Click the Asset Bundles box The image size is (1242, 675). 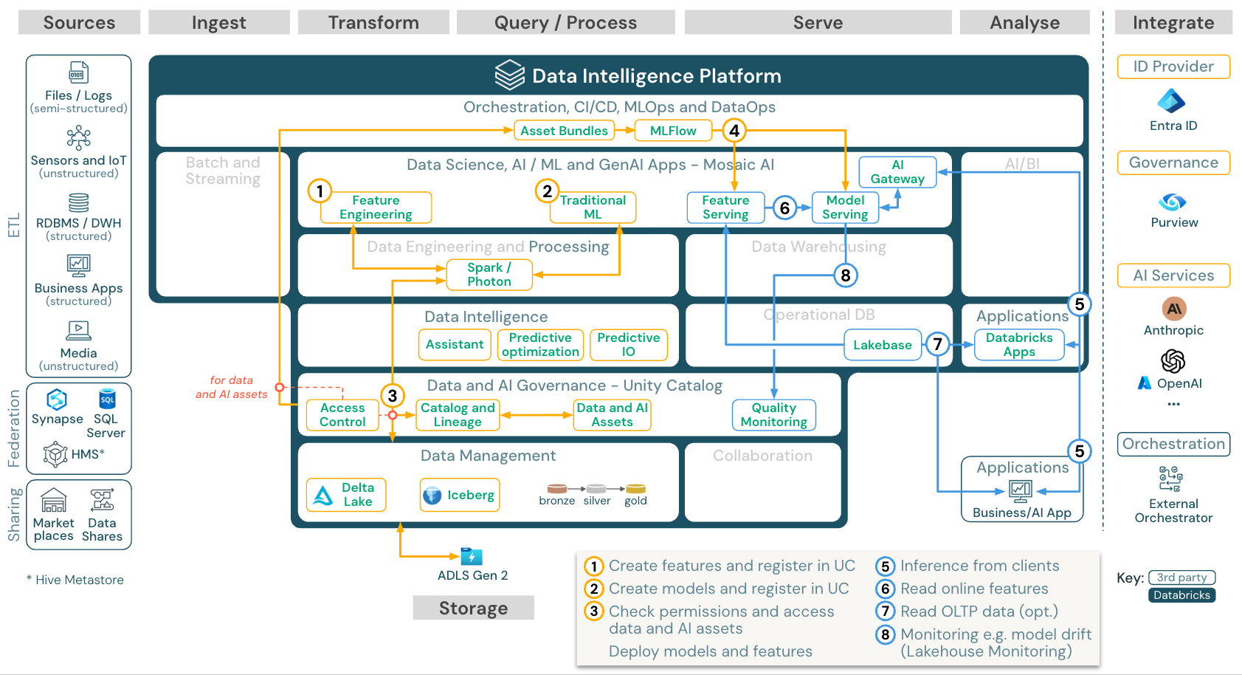point(564,131)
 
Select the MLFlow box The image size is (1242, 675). point(672,131)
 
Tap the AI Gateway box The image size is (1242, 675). point(897,172)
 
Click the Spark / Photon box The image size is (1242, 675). point(489,275)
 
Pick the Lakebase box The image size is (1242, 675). point(882,345)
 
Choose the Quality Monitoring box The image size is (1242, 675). point(773,415)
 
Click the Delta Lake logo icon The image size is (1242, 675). point(323,496)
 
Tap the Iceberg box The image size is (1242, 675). point(460,495)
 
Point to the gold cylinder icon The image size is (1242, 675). point(635,489)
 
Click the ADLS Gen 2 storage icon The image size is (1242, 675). point(471,556)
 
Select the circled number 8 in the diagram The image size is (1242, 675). point(846,275)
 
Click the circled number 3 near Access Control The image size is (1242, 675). point(393,396)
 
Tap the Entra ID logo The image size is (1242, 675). point(1172,101)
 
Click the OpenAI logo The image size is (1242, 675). point(1173,361)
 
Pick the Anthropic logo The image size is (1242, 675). point(1173,309)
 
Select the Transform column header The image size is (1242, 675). point(373,23)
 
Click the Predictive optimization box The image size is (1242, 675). point(540,345)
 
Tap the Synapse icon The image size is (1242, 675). point(57,400)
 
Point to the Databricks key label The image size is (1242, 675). point(1181,595)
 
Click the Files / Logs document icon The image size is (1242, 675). point(78,72)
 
